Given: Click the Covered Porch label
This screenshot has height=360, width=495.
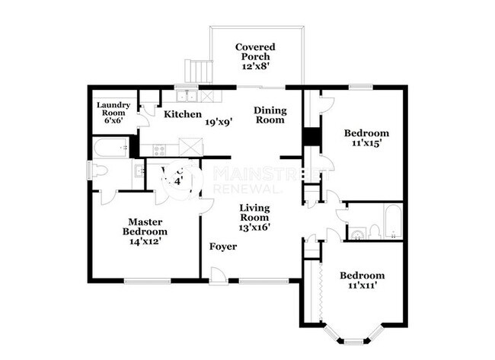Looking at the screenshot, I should pos(254,52).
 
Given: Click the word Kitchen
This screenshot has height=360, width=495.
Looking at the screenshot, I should pos(183,114).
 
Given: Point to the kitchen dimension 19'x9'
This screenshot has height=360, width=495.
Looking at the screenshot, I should pos(218,120).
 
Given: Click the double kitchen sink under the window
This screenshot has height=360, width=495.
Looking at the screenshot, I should pos(185,97).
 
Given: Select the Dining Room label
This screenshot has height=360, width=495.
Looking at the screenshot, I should pos(269,115).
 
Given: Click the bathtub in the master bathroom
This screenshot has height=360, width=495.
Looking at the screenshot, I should pos(110,148).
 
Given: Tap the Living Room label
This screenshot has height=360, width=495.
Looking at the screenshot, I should pos(255,212).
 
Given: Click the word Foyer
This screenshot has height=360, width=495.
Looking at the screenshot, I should pos(223,247).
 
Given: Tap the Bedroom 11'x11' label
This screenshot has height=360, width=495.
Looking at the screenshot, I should pos(362,280).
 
